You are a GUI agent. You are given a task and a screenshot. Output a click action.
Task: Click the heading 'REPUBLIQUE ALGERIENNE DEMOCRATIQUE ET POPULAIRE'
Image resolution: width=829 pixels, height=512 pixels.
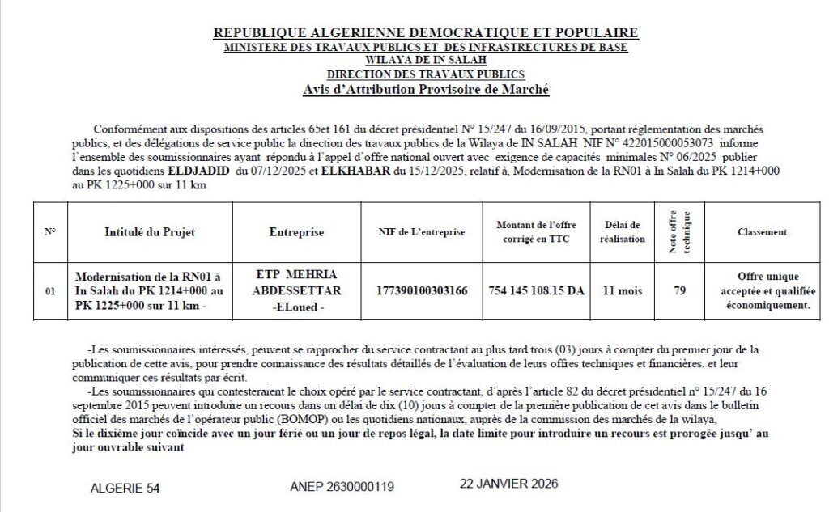pyautogui.click(x=425, y=33)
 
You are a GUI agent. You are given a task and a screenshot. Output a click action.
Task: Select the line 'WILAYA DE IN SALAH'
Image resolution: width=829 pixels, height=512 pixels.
pyautogui.click(x=425, y=60)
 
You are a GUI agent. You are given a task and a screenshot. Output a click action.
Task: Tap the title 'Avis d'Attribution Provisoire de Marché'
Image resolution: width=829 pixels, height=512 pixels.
pyautogui.click(x=425, y=89)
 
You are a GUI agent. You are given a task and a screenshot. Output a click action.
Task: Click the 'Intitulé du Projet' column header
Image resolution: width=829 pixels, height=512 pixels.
pyautogui.click(x=150, y=232)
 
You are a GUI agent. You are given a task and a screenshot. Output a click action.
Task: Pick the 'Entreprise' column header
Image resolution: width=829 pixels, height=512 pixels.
pyautogui.click(x=296, y=232)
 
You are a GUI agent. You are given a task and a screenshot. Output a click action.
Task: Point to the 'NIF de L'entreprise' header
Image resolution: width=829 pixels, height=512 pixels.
pyautogui.click(x=422, y=232)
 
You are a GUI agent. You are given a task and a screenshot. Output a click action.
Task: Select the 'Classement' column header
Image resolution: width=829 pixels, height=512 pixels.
pyautogui.click(x=762, y=232)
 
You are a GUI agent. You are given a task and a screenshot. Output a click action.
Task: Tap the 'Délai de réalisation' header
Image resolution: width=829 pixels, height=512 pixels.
pyautogui.click(x=623, y=232)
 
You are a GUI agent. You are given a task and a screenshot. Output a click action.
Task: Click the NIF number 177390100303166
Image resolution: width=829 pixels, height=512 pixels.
pyautogui.click(x=422, y=290)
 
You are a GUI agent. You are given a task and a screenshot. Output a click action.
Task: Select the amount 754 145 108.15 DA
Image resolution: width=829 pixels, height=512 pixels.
pyautogui.click(x=536, y=290)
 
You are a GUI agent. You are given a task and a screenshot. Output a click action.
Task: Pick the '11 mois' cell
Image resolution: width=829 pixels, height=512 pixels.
pyautogui.click(x=623, y=290)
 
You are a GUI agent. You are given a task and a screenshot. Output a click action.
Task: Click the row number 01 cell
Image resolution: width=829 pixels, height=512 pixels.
pyautogui.click(x=50, y=291)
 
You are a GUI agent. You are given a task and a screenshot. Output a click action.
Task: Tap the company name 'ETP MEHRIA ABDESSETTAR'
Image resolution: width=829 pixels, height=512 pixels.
pyautogui.click(x=296, y=282)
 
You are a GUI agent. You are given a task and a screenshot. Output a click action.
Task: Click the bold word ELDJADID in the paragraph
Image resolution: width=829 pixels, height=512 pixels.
pyautogui.click(x=199, y=172)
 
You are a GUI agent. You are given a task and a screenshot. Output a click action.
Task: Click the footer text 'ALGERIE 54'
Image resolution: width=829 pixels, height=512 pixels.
pyautogui.click(x=125, y=489)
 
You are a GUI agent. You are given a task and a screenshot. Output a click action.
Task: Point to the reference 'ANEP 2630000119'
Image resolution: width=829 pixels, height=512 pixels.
pyautogui.click(x=342, y=487)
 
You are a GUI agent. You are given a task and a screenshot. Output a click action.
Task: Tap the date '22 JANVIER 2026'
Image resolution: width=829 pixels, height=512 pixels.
pyautogui.click(x=508, y=484)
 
